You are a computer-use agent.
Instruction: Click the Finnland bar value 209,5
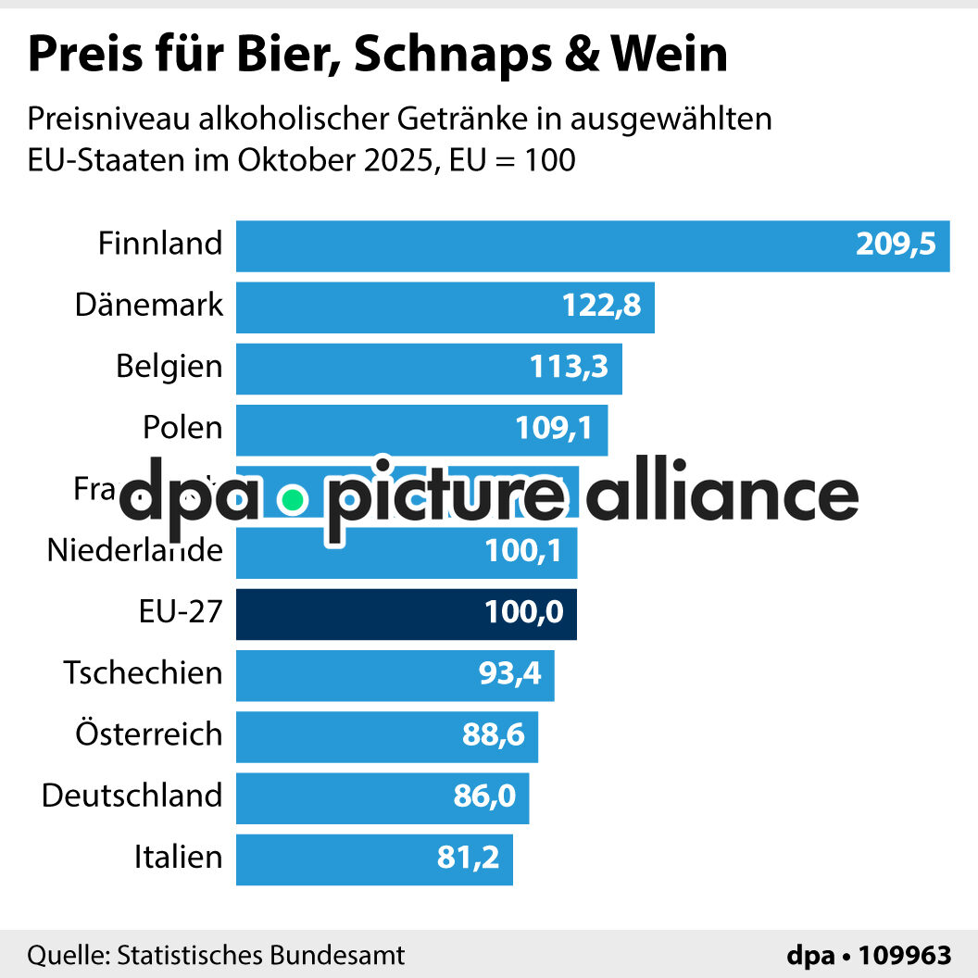(x=896, y=245)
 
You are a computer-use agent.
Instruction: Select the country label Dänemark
(x=149, y=305)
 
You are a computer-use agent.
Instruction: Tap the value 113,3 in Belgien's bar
(x=569, y=368)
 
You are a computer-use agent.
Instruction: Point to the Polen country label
(x=182, y=428)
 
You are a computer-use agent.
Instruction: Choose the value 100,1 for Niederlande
(x=523, y=552)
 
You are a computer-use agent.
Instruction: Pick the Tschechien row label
(x=143, y=672)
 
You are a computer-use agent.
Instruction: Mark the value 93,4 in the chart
(x=510, y=674)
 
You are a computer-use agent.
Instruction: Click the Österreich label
(x=149, y=734)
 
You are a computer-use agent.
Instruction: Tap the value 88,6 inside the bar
(x=494, y=735)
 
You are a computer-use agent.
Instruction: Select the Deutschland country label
(x=132, y=796)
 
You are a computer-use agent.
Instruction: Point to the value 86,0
(x=484, y=796)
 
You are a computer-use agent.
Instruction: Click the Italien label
(x=178, y=857)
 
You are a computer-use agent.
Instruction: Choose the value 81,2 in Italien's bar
(x=468, y=858)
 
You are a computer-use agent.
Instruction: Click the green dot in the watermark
(x=293, y=501)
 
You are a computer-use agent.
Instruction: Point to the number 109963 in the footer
(x=905, y=955)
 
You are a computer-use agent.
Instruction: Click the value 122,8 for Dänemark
(x=601, y=307)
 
